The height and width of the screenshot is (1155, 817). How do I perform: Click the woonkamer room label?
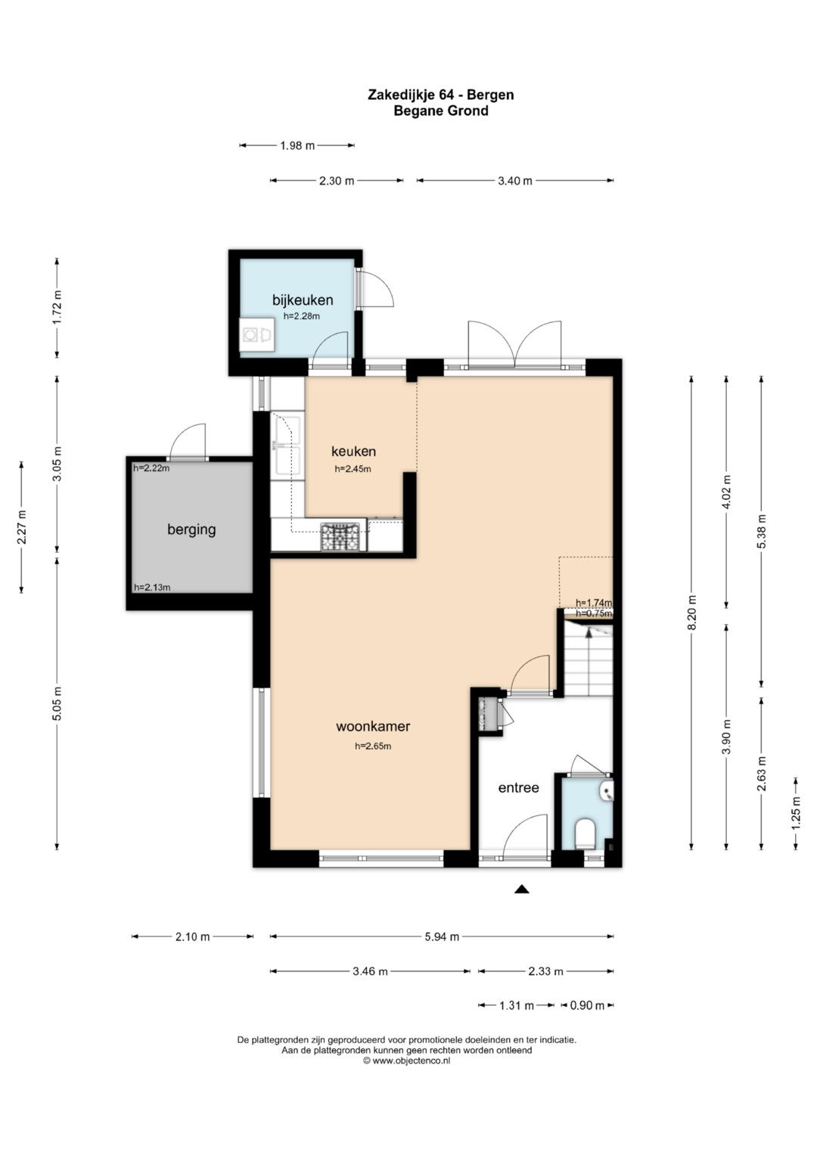[x=373, y=727]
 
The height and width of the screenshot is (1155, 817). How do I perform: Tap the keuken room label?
[x=353, y=451]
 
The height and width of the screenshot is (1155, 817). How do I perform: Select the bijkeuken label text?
[x=303, y=300]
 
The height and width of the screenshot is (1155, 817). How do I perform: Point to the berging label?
[x=191, y=529]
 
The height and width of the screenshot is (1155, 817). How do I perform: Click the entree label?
[x=518, y=788]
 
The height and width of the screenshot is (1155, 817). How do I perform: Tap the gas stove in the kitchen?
[x=340, y=537]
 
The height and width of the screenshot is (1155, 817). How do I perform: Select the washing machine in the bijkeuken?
[x=257, y=334]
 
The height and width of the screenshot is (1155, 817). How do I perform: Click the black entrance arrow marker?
[x=522, y=889]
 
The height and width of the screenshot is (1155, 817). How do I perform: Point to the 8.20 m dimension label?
[x=692, y=612]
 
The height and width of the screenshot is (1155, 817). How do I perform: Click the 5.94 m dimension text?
[x=442, y=937]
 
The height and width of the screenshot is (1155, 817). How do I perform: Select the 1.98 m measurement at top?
[x=297, y=145]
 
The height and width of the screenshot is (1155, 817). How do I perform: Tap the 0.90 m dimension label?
[x=587, y=1005]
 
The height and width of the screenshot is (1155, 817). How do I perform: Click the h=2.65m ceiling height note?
[x=373, y=746]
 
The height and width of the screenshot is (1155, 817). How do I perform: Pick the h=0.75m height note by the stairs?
[x=594, y=613]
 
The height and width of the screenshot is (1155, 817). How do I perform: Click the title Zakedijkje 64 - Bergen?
[x=440, y=95]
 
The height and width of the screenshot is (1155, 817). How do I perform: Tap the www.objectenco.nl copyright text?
[x=407, y=1060]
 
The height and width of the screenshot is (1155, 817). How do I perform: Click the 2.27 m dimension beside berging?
[x=22, y=526]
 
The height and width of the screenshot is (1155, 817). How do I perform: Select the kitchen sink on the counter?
[x=287, y=444]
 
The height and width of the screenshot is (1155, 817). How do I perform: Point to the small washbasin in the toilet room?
[x=607, y=790]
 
